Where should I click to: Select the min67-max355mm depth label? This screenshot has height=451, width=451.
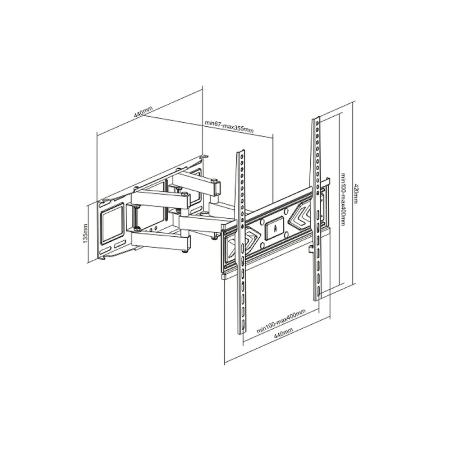[229, 125]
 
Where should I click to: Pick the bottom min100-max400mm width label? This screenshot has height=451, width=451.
[282, 321]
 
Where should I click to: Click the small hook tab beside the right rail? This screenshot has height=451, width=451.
[310, 248]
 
